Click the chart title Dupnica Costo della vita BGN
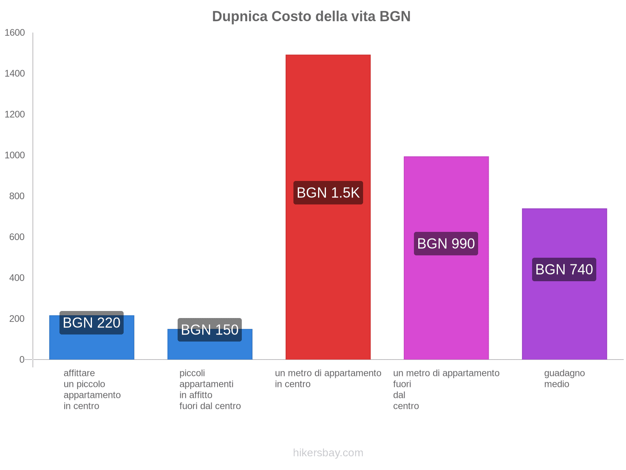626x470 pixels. (311, 16)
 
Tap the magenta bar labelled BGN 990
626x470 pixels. (446, 305)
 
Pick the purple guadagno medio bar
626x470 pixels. (564, 313)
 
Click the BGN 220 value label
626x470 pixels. (92, 323)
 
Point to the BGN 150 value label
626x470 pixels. (210, 330)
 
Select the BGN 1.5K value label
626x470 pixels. (328, 193)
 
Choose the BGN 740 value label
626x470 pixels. (564, 269)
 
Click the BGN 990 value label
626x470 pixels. (446, 244)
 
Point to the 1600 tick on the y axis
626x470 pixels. (14, 33)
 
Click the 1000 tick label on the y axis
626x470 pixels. (14, 155)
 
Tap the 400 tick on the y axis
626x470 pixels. (17, 278)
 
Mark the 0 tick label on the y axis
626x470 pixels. (22, 360)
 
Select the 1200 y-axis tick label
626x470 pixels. (14, 114)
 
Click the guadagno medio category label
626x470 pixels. (564, 378)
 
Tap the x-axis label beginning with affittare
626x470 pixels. (92, 389)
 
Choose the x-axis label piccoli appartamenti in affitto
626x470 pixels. (210, 389)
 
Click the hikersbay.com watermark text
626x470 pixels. (328, 453)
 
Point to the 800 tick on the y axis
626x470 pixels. (17, 196)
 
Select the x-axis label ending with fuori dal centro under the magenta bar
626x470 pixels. (446, 389)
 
